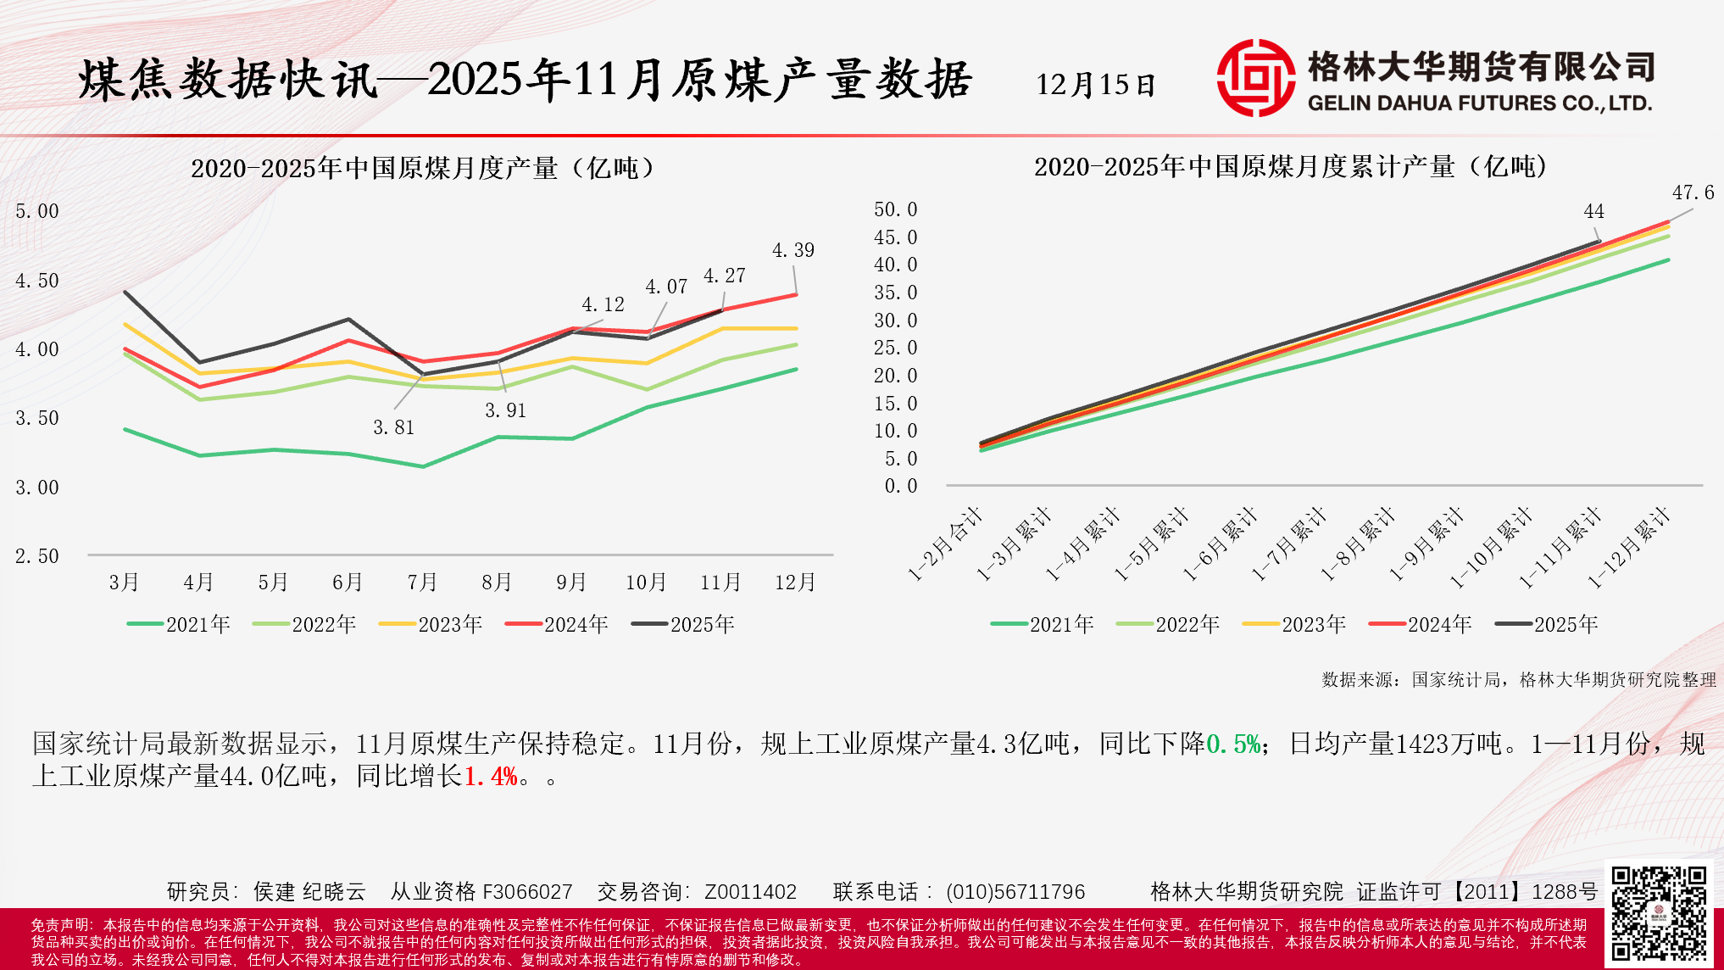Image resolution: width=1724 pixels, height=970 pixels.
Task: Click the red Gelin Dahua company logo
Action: (1255, 78)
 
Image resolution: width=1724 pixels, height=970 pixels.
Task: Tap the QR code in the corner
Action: (1658, 913)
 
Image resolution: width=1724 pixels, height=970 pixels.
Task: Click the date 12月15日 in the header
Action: (1095, 85)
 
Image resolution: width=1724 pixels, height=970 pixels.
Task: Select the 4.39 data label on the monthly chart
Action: (792, 250)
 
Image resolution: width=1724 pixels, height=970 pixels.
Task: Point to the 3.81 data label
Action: (394, 427)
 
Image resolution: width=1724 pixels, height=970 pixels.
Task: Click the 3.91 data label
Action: (506, 410)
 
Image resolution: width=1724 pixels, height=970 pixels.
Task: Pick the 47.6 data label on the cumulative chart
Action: (1692, 193)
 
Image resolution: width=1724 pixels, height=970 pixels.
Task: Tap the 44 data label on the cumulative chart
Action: (1593, 211)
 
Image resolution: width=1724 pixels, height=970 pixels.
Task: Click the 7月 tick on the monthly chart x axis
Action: (422, 583)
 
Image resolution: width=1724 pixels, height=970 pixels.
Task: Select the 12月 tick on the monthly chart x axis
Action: (795, 583)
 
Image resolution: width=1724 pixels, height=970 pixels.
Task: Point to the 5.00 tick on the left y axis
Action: (37, 211)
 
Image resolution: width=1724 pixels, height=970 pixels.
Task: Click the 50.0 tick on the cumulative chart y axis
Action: (895, 209)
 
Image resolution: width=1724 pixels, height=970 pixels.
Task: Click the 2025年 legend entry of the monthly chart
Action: (684, 625)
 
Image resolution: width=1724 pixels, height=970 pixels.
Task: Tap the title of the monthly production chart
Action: (423, 168)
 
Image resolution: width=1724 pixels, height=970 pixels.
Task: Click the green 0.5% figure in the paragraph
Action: (1234, 744)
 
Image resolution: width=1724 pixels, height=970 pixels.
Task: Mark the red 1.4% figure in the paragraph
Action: (491, 776)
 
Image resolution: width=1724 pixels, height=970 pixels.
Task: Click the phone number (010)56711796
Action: (1015, 892)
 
